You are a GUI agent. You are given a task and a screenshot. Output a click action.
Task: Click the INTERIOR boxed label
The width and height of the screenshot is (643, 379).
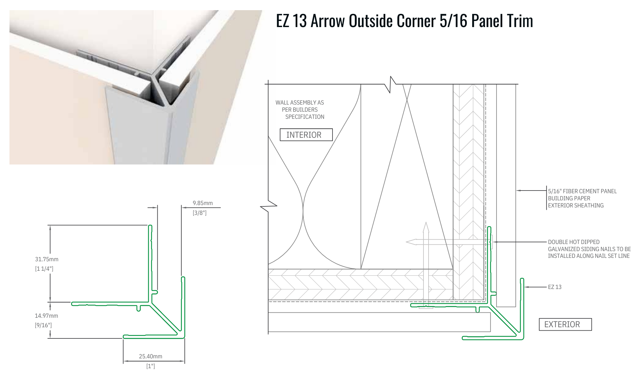(306, 135)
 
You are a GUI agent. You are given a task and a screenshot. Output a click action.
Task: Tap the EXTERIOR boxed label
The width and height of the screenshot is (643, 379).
(565, 325)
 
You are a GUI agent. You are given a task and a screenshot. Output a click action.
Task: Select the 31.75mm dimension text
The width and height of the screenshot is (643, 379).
(47, 259)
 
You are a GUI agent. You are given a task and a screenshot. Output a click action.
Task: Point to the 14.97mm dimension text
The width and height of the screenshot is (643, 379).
(46, 316)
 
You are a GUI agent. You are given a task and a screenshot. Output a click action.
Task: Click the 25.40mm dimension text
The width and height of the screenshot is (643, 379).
(151, 356)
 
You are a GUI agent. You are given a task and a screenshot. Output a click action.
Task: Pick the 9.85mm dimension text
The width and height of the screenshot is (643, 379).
(203, 203)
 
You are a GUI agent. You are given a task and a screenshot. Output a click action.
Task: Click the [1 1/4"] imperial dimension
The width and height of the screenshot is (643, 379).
(44, 269)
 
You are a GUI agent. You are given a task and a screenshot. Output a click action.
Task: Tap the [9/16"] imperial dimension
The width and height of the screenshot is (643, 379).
(43, 325)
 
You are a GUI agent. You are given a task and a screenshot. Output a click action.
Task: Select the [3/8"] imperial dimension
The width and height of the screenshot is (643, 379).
(200, 213)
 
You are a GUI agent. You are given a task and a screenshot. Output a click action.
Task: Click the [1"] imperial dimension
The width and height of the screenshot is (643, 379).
(151, 366)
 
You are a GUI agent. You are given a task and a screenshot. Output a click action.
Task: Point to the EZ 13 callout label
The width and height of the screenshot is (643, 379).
(555, 287)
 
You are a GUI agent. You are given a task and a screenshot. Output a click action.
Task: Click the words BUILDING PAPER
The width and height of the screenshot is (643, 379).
(569, 198)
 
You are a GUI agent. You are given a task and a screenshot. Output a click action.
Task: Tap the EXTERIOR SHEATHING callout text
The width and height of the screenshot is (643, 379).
(576, 205)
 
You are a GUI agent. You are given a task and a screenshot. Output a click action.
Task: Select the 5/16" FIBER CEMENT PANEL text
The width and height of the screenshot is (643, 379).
(582, 191)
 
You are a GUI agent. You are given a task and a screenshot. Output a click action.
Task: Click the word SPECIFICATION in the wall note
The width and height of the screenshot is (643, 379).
(305, 117)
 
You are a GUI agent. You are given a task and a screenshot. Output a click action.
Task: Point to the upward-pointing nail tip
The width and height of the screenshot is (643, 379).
(426, 222)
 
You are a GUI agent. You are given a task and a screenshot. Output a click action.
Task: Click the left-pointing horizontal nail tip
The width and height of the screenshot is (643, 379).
(407, 242)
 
